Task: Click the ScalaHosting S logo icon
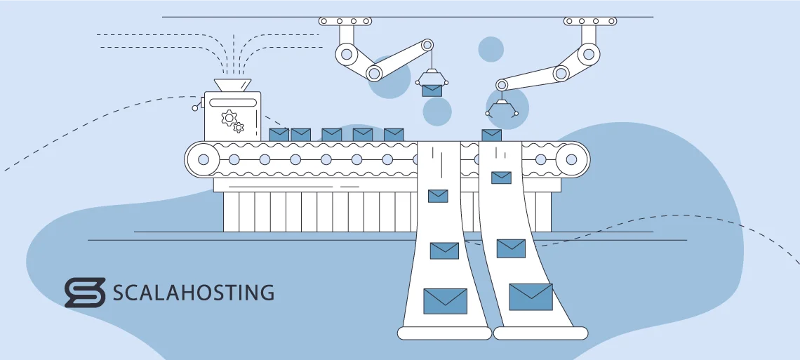[84, 293]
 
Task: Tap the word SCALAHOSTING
[194, 293]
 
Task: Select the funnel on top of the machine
[232, 85]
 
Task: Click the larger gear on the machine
[228, 117]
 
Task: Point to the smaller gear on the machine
[239, 127]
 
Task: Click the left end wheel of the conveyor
[204, 159]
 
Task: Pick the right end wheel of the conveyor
[571, 159]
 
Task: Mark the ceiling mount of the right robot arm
[590, 22]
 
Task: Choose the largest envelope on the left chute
[445, 301]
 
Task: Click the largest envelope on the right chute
[531, 296]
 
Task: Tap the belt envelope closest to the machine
[279, 134]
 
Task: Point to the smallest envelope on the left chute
[438, 196]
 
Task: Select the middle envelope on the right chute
[511, 248]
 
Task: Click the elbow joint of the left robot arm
[374, 72]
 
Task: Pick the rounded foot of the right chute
[540, 333]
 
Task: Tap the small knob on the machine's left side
[195, 108]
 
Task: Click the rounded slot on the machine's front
[232, 102]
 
